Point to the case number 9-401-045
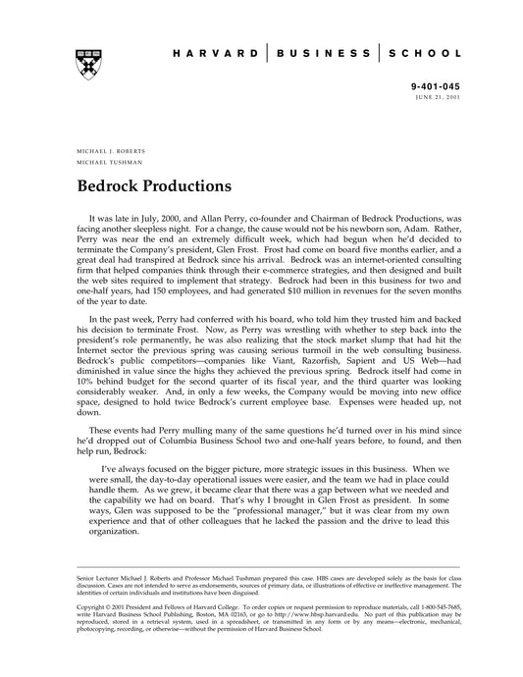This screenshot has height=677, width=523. coord(437,87)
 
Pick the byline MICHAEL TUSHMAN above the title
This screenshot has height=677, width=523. coord(104,164)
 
